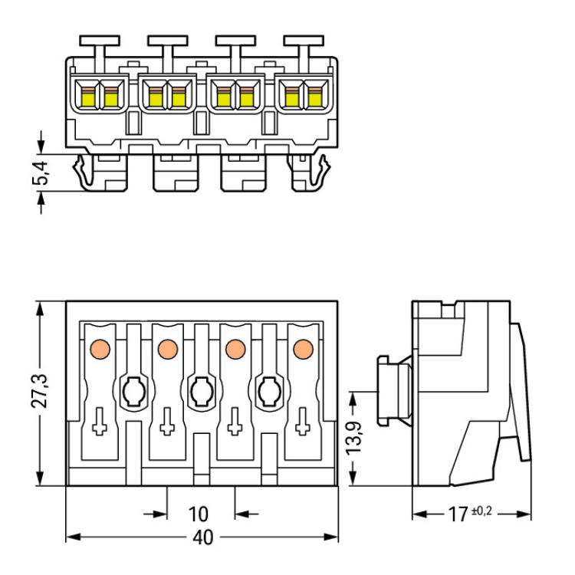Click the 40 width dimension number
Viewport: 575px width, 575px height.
(202, 538)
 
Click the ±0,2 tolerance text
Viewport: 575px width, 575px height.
(480, 510)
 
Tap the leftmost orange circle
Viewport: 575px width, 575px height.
(99, 349)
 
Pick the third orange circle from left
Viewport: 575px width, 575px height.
(235, 349)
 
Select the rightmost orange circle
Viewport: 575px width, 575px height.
(302, 349)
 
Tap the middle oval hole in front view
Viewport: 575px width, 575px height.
(201, 393)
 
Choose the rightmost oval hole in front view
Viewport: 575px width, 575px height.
(268, 393)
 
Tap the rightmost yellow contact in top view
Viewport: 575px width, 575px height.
(314, 97)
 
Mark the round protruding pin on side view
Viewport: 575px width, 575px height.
(395, 390)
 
